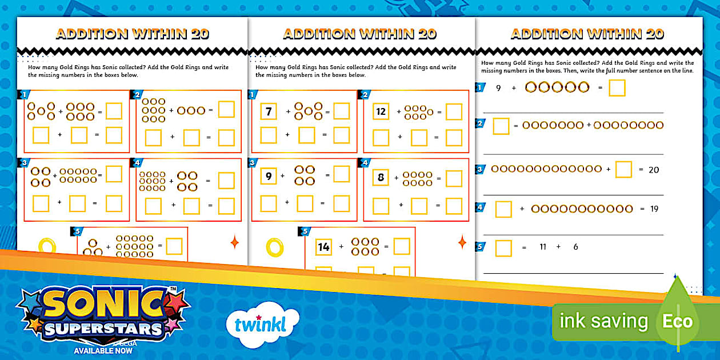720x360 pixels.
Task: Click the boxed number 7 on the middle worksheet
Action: [269, 111]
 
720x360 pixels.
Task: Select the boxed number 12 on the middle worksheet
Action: [381, 111]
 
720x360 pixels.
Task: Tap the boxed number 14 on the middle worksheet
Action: [324, 247]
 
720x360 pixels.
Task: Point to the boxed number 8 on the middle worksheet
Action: [381, 178]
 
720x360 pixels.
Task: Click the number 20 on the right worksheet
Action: [654, 170]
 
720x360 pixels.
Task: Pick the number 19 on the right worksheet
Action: [654, 209]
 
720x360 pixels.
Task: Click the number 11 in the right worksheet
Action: [543, 247]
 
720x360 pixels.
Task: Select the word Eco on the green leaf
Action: [677, 321]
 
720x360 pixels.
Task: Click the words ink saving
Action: [603, 321]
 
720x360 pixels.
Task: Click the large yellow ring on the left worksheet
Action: [46, 246]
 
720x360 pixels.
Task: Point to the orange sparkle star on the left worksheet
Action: [234, 242]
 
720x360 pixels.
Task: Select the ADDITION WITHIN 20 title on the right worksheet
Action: [587, 34]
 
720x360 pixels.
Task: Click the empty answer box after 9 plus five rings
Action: [617, 88]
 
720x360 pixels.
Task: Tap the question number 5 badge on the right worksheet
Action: [481, 247]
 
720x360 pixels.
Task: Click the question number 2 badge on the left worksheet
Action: [137, 95]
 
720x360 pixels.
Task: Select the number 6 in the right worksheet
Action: [575, 247]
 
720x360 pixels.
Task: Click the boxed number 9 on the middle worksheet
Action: [269, 177]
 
